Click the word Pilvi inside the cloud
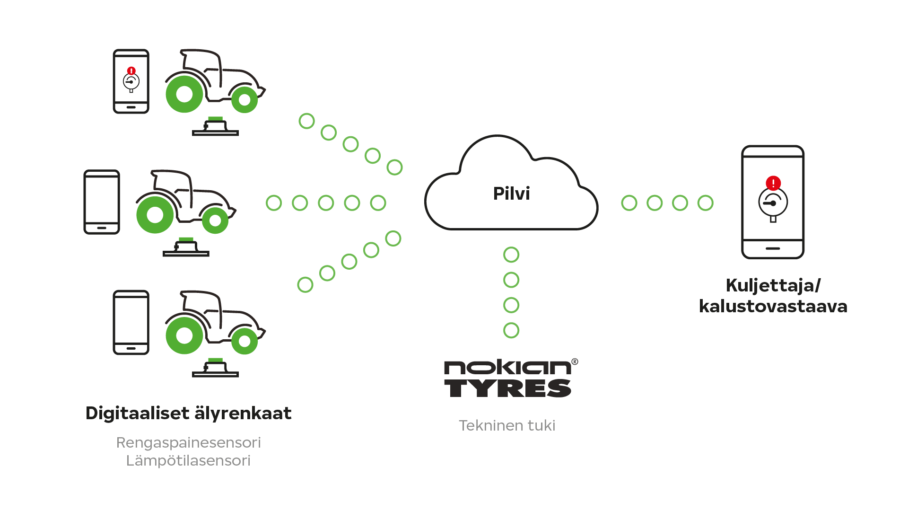point(511,194)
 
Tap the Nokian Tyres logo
point(508,379)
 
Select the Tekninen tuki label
point(507,425)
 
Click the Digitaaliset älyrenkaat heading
point(188,413)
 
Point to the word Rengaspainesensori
point(188,442)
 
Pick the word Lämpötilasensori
point(188,460)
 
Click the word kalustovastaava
point(773,306)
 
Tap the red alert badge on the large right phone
point(773,183)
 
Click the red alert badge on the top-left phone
point(131,71)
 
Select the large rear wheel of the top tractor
point(184,94)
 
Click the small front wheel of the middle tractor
point(215,220)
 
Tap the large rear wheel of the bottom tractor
point(184,335)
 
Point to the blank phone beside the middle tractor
point(102,202)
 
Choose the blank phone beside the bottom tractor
point(131,322)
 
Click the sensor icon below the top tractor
point(215,127)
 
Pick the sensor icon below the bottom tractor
point(215,368)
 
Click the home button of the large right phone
point(773,248)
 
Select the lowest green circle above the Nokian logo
point(511,330)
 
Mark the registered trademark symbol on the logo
point(575,362)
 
